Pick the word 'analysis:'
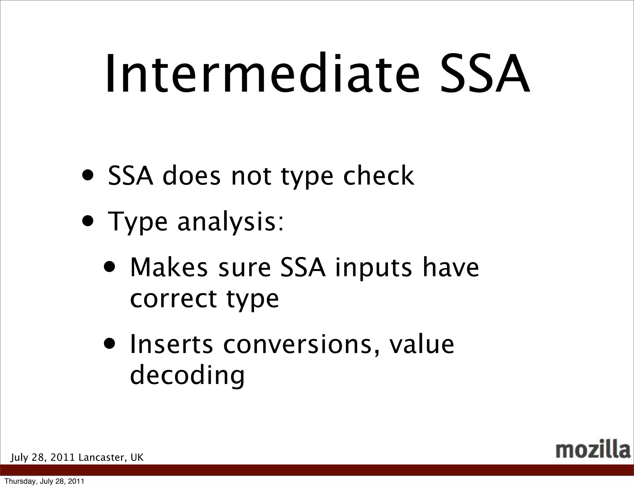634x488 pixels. tap(230, 222)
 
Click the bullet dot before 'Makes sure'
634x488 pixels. tap(111, 267)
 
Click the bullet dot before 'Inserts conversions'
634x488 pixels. tap(111, 344)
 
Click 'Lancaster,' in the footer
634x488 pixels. tap(102, 457)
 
